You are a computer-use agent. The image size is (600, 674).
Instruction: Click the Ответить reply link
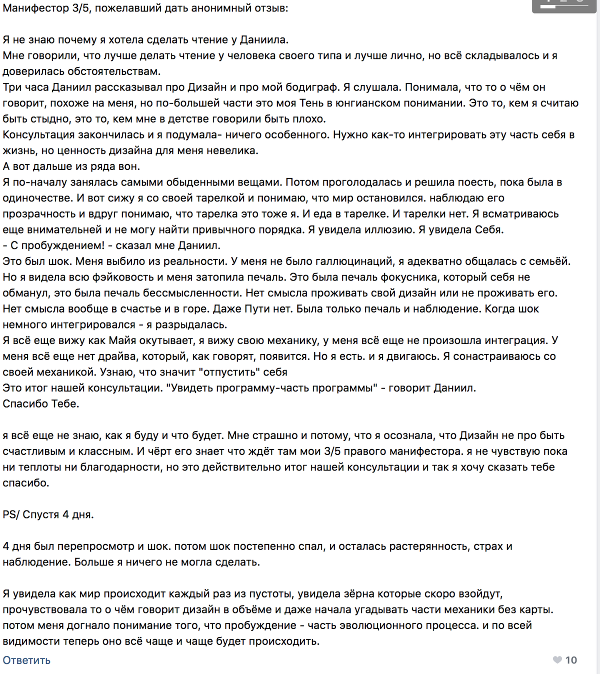[26, 660]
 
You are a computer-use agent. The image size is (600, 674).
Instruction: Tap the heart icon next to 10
[557, 660]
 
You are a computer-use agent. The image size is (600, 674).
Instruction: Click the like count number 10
[571, 660]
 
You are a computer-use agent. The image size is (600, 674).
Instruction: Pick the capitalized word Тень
[311, 103]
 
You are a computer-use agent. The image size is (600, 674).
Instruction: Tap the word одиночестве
[36, 198]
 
